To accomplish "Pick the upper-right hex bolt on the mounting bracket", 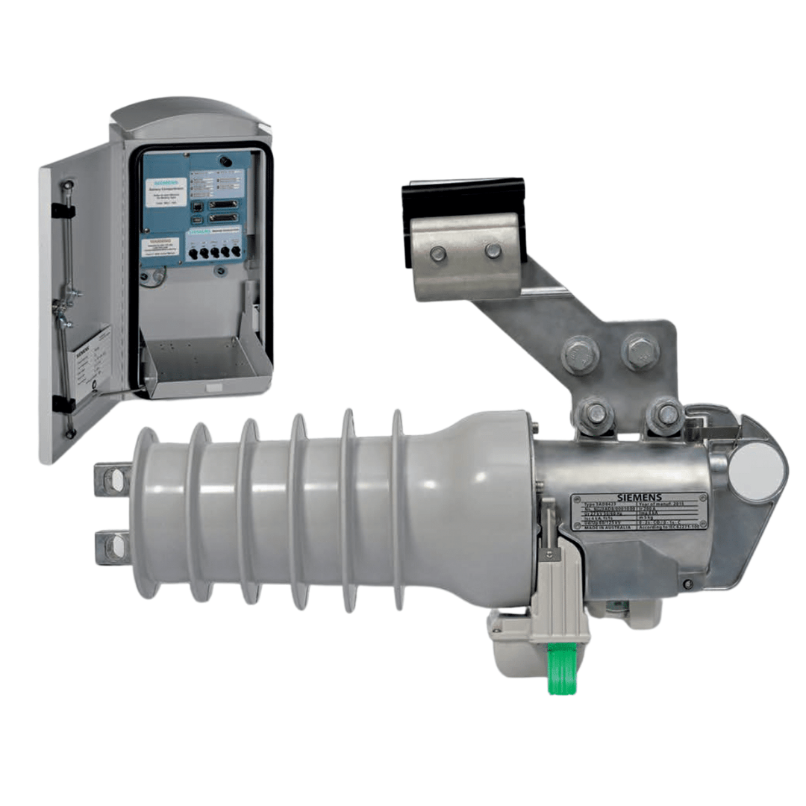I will [640, 351].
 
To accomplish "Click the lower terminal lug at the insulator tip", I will [112, 547].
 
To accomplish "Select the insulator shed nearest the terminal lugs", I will [146, 513].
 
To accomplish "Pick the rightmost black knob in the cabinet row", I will [239, 253].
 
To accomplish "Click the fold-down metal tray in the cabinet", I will [205, 366].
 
